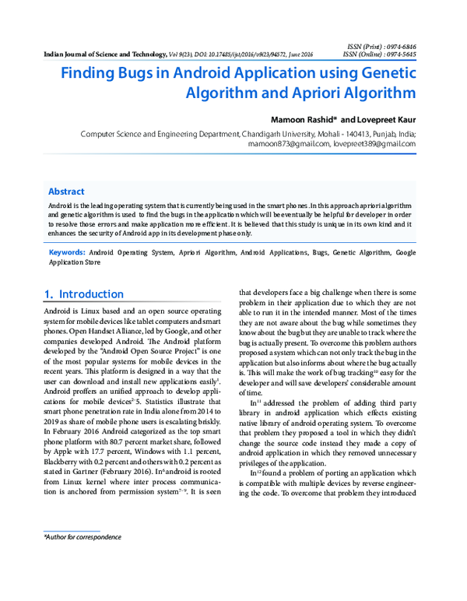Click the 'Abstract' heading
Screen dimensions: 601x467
(66, 192)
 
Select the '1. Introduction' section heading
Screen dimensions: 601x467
(84, 294)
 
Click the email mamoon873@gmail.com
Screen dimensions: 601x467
(285, 144)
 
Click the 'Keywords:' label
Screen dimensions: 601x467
(67, 253)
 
